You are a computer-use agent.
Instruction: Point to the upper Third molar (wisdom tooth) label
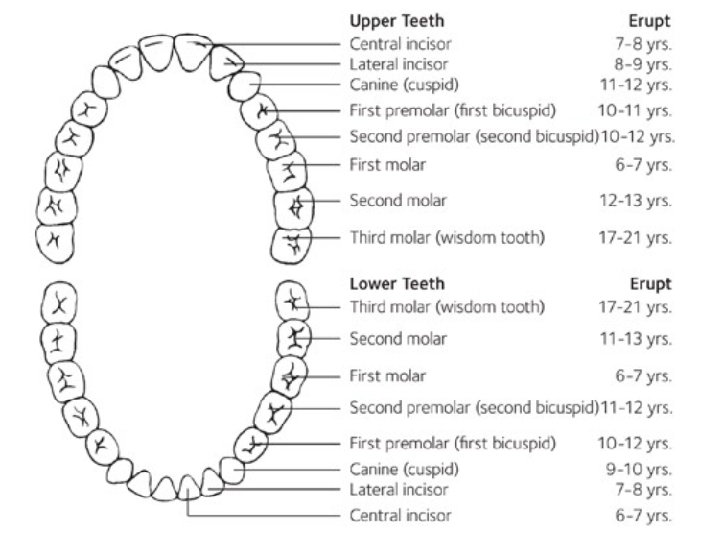tap(448, 237)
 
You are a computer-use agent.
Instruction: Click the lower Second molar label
tap(398, 339)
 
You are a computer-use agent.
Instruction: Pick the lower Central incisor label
tap(400, 516)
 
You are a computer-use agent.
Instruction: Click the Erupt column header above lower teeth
tap(652, 284)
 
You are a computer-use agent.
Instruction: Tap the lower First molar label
tap(388, 375)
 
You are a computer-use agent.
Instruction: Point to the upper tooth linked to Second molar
tap(294, 206)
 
